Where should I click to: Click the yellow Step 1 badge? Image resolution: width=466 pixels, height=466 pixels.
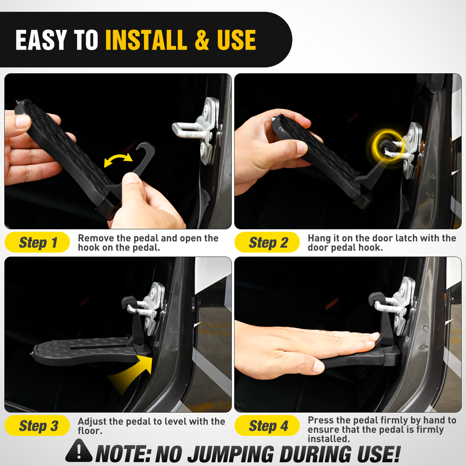37,243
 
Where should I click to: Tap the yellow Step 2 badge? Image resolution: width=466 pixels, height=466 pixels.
267,243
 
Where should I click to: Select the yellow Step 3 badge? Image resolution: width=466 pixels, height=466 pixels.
37,426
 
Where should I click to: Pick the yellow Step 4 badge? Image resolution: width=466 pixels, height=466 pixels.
267,426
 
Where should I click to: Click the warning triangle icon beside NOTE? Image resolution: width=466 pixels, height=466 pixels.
79,452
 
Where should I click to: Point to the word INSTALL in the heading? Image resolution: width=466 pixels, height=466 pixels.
146,40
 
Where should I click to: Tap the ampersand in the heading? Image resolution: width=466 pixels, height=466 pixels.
202,40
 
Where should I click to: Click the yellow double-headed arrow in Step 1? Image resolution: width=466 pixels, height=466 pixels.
118,160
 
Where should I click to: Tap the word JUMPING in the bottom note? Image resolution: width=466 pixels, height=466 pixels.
230,454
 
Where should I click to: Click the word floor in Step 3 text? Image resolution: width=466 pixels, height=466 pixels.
90,431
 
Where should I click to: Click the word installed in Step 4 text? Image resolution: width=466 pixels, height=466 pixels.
328,439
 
